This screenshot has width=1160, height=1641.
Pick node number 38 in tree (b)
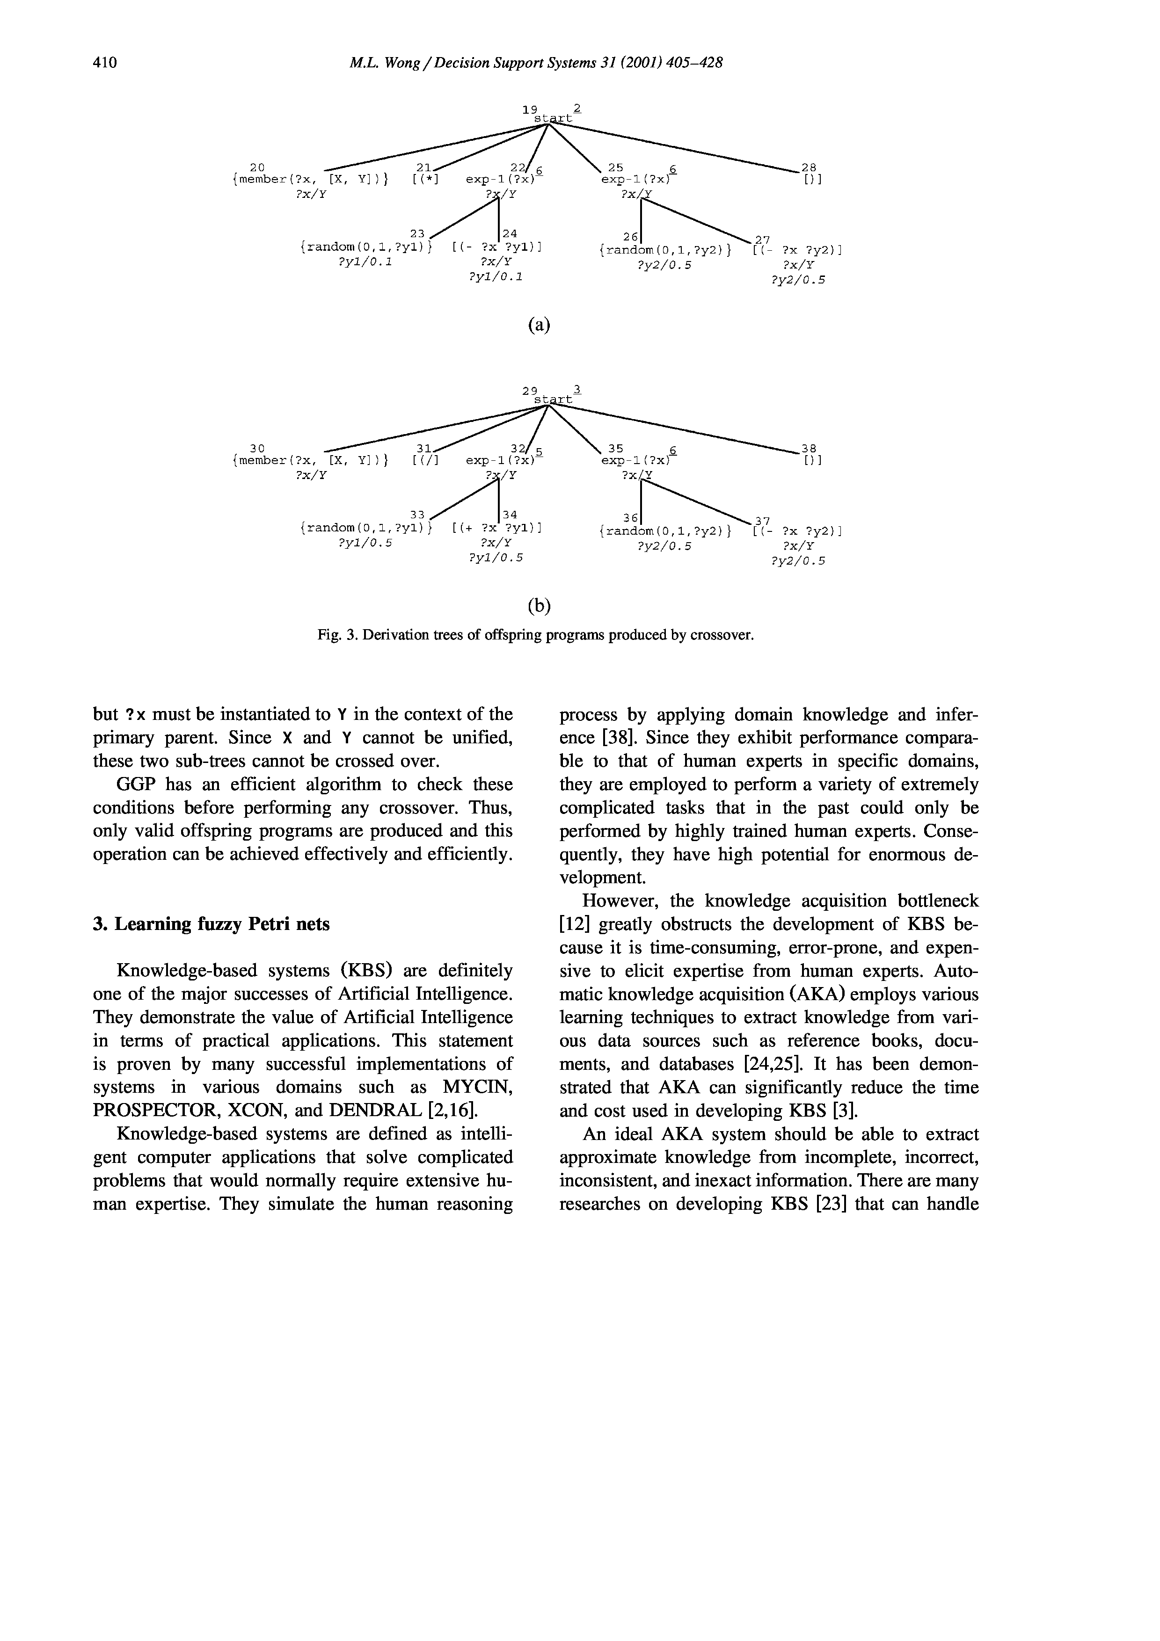809,449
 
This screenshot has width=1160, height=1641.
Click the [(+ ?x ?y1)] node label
497,529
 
